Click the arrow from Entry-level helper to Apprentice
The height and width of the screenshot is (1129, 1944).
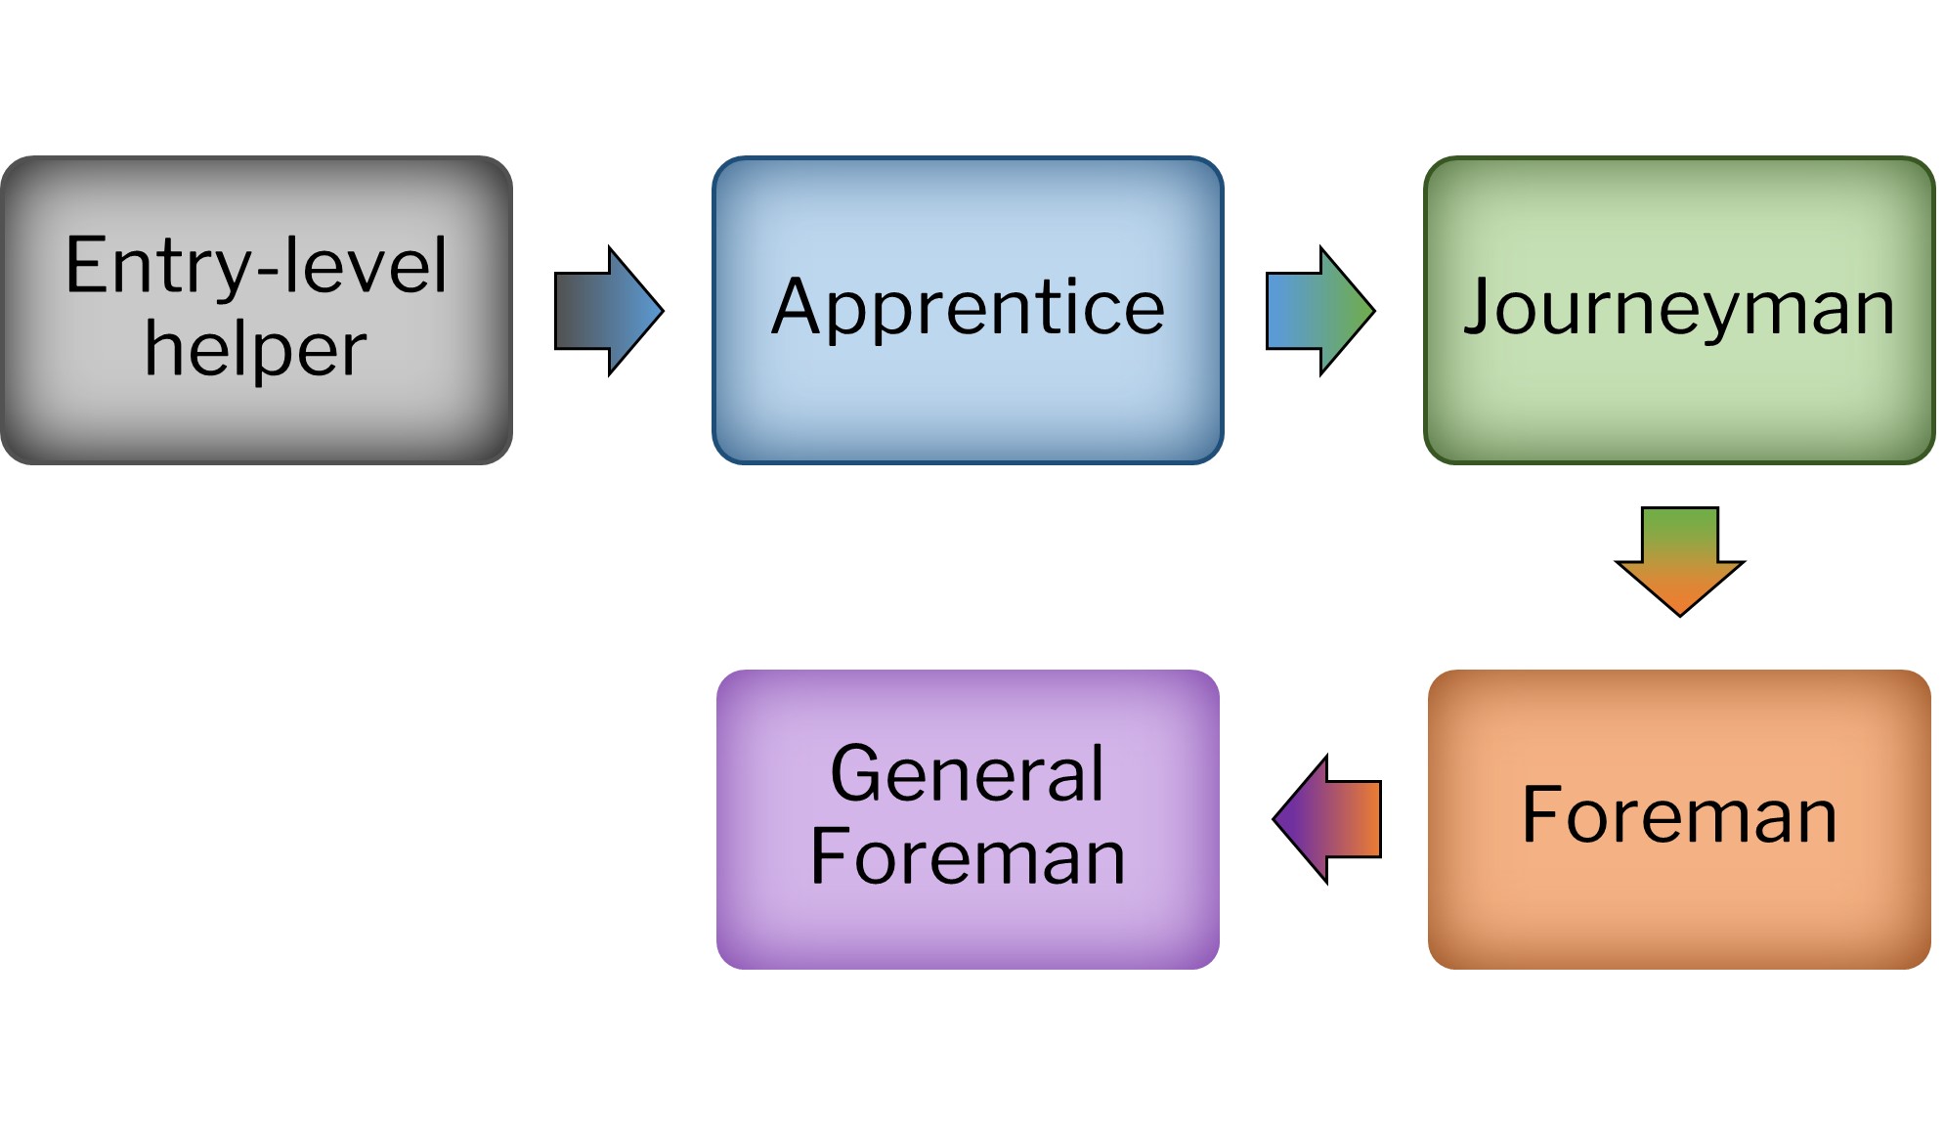pyautogui.click(x=608, y=311)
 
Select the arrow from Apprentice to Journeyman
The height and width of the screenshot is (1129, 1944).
pyautogui.click(x=1319, y=311)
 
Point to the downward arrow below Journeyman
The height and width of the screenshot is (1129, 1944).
pyautogui.click(x=1679, y=560)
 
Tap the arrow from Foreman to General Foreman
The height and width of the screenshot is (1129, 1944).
pyautogui.click(x=1327, y=819)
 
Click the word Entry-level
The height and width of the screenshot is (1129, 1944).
pyautogui.click(x=256, y=266)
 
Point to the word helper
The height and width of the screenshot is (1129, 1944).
pyautogui.click(x=256, y=349)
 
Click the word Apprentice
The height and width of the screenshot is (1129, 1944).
pyautogui.click(x=968, y=308)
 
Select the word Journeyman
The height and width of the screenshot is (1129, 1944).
pyautogui.click(x=1679, y=308)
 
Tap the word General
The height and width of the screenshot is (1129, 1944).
pyautogui.click(x=968, y=774)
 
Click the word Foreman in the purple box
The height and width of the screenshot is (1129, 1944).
pyautogui.click(x=968, y=857)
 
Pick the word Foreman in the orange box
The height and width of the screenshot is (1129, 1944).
pyautogui.click(x=1679, y=815)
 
